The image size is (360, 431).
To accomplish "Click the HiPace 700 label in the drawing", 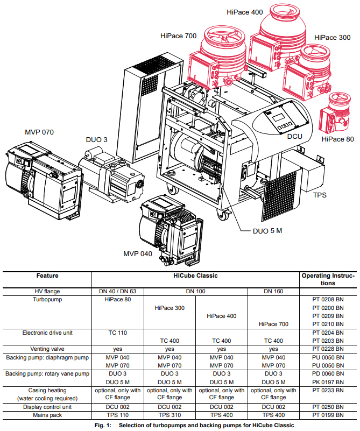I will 178,36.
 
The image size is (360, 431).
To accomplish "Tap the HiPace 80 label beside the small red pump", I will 337,139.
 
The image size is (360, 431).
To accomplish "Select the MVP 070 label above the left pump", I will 39,132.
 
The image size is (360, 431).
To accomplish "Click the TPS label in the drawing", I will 320,195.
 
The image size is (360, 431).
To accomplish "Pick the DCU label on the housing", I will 294,137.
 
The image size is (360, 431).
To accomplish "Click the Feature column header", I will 47,275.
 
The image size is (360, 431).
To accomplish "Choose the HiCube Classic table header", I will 196,275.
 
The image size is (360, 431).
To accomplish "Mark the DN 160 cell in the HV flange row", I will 273,291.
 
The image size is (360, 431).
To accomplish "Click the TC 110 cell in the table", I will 117,333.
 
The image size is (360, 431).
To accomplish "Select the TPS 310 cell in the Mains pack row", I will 170,415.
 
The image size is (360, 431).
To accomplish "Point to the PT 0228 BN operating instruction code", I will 328,349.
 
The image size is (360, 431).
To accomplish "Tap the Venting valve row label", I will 47,349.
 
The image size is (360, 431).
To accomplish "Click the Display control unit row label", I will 47,407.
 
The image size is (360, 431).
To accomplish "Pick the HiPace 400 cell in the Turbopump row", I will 222,316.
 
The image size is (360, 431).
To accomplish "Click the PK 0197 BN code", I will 328,381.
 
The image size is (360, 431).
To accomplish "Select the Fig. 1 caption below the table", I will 180,425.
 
